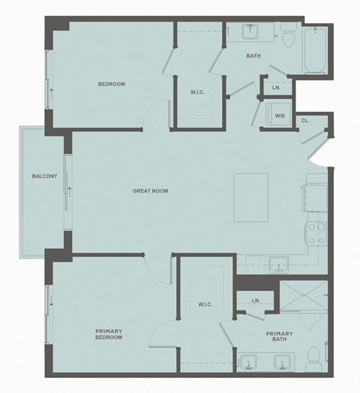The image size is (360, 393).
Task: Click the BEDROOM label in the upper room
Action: [111, 84]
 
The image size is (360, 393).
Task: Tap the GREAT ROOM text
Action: [150, 191]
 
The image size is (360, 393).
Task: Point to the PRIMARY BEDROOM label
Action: [109, 334]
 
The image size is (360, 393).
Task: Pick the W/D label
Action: [280, 115]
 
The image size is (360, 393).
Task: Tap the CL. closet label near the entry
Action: [305, 120]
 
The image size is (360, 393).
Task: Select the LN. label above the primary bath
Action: [256, 300]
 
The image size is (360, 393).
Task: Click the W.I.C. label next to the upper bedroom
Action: [198, 91]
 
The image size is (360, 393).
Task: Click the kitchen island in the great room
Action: [250, 197]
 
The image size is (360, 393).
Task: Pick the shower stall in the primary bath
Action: [303, 304]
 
